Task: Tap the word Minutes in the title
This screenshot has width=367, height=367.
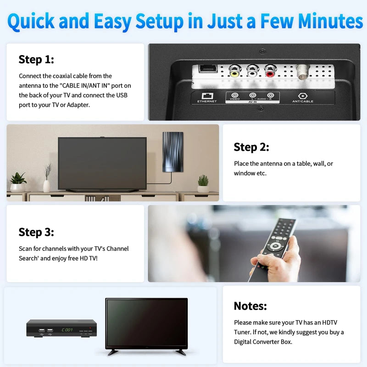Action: [330, 21]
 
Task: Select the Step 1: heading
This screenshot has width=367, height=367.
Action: [36, 60]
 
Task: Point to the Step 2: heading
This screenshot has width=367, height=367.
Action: [251, 147]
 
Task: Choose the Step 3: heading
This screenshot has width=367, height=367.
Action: [36, 232]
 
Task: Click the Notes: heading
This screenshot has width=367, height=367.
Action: [250, 306]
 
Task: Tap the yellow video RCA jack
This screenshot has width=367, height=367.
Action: [235, 72]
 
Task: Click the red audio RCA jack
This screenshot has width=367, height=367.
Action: [270, 72]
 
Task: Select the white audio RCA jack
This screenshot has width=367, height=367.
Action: [252, 72]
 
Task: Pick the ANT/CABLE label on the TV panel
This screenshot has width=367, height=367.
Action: [303, 101]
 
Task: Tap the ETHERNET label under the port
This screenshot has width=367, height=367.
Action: [207, 101]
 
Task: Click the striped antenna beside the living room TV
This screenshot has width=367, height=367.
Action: [173, 151]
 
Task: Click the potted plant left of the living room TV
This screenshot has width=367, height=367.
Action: [18, 182]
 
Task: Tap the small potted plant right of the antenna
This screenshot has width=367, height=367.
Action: [203, 183]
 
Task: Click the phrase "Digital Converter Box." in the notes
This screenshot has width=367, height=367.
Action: [263, 342]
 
